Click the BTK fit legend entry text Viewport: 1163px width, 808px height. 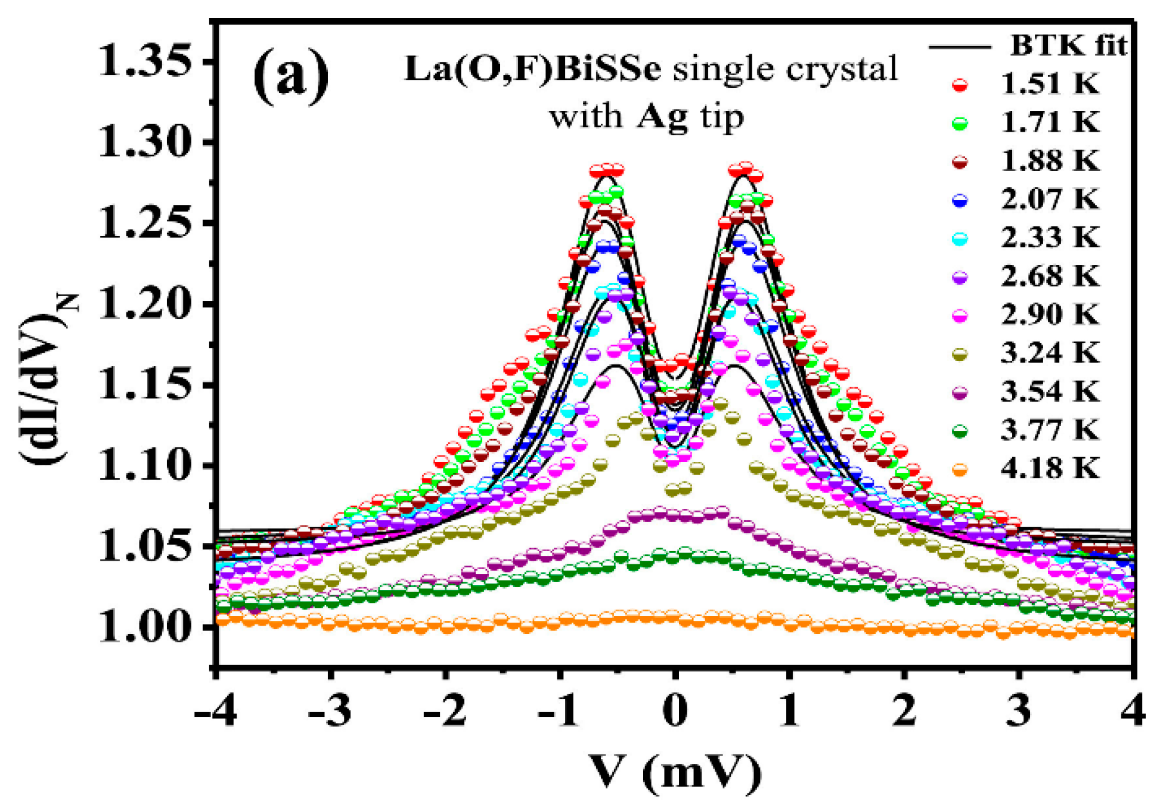(x=1068, y=45)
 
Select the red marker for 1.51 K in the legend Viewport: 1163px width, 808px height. (x=960, y=85)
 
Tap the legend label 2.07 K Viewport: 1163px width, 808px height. (x=1050, y=199)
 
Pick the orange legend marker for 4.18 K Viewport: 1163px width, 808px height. (x=960, y=470)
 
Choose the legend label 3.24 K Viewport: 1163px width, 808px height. (x=1050, y=353)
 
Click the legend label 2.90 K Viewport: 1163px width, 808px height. (x=1050, y=315)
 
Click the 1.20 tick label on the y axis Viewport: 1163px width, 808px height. (x=146, y=304)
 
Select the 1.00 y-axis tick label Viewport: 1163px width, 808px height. (x=146, y=627)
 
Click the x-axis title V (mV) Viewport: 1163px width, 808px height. (x=674, y=772)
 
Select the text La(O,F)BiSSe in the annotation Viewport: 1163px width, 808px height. (x=533, y=70)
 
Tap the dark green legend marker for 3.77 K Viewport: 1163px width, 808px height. (x=960, y=431)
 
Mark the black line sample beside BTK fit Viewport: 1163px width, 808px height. (x=960, y=46)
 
